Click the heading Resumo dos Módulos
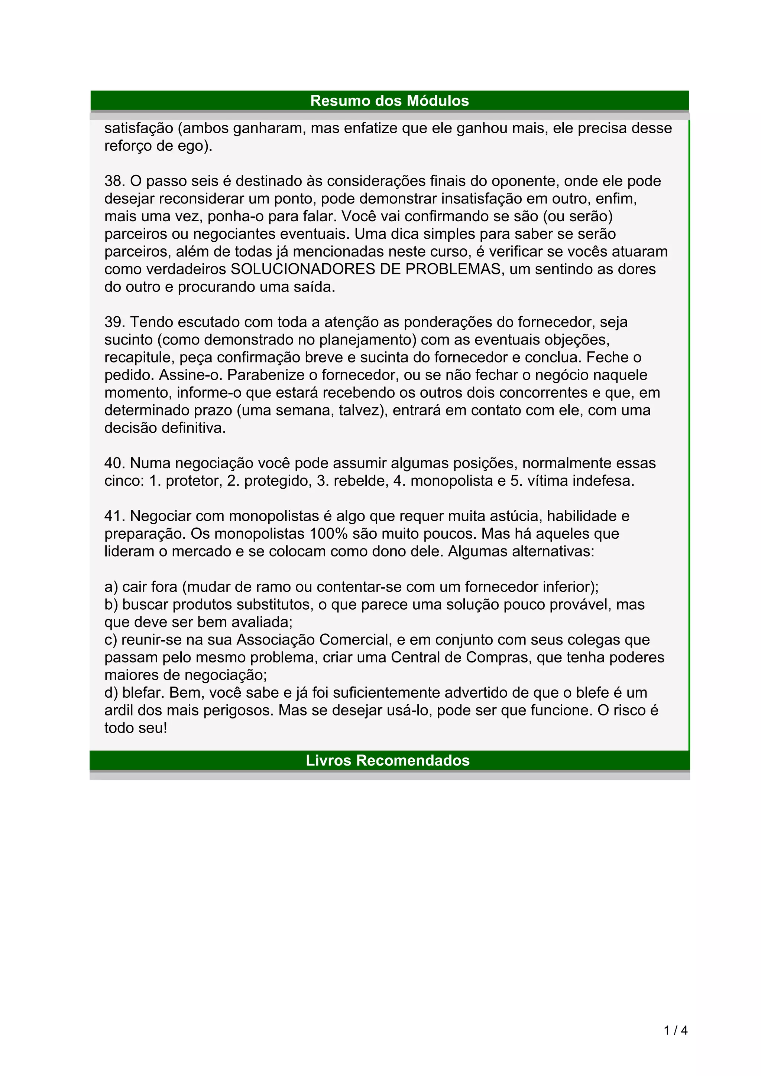[389, 101]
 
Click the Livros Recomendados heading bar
[388, 760]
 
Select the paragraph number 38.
[114, 181]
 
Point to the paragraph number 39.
[114, 322]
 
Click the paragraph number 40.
[114, 463]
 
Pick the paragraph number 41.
[114, 516]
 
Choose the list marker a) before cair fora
[111, 587]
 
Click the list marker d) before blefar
[111, 693]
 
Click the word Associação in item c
[275, 640]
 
